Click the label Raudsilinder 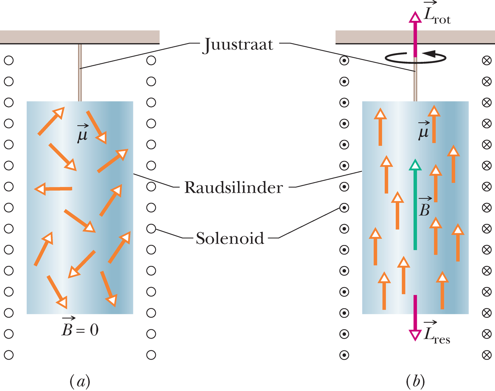pos(233,187)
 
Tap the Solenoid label pos(230,238)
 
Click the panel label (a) pos(80,381)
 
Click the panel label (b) pos(415,381)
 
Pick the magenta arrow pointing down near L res pos(415,318)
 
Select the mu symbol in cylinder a pos(83,133)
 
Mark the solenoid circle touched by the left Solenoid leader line pos(151,229)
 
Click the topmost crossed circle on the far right pos(487,60)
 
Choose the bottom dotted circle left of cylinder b pos(344,355)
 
